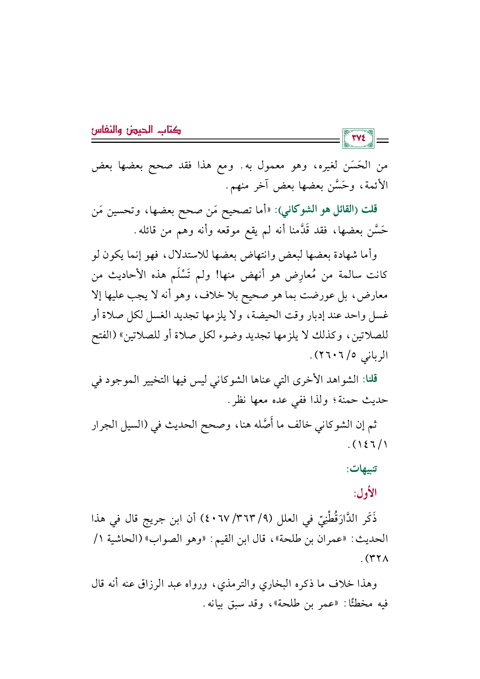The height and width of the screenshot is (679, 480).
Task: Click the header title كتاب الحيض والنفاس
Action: coord(136,130)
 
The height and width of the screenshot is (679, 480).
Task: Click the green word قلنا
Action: coord(369,379)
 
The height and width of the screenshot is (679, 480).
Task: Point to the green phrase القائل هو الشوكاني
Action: coord(321,210)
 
